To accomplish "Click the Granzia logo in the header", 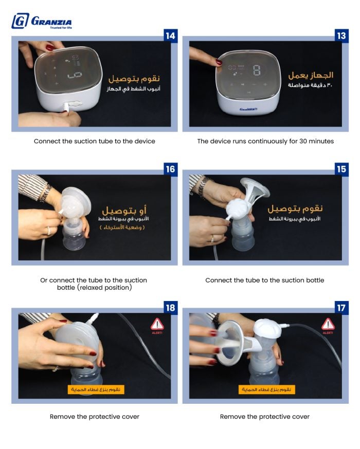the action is coord(42,21).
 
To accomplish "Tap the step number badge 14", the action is coord(170,36).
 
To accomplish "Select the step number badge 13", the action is coord(341,36).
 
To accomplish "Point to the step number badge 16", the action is coord(170,169).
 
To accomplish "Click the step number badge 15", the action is coord(341,169).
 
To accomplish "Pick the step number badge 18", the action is coord(170,308).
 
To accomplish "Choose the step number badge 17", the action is coord(341,308).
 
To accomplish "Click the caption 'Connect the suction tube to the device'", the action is coord(94,141).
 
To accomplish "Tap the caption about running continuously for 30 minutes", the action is coord(265,141).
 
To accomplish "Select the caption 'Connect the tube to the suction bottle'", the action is coord(264,280).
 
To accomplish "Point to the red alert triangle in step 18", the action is coord(157,325).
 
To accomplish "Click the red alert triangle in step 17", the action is coord(328,325).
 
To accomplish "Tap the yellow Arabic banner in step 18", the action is coord(96,389).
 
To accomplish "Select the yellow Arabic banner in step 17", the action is coord(266,389).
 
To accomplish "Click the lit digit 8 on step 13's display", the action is coord(257,70).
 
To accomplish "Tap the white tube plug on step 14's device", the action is coord(66,108).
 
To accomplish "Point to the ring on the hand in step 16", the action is coord(49,230).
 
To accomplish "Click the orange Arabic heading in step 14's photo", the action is coord(134,79).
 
